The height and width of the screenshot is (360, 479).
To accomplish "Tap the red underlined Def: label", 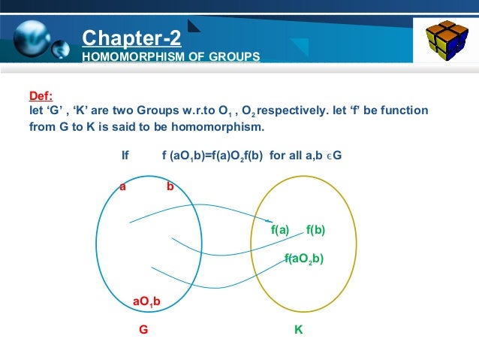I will click(x=41, y=96).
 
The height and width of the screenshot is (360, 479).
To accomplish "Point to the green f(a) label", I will click(x=280, y=230).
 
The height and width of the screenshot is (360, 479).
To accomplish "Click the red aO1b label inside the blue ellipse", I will click(x=146, y=302).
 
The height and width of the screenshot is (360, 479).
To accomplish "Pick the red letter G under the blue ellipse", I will click(x=143, y=329).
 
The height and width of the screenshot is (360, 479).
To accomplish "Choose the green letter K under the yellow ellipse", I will click(x=299, y=329).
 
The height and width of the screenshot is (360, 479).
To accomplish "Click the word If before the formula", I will click(x=125, y=156).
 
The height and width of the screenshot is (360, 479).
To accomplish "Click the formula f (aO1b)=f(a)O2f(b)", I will click(x=213, y=156).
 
